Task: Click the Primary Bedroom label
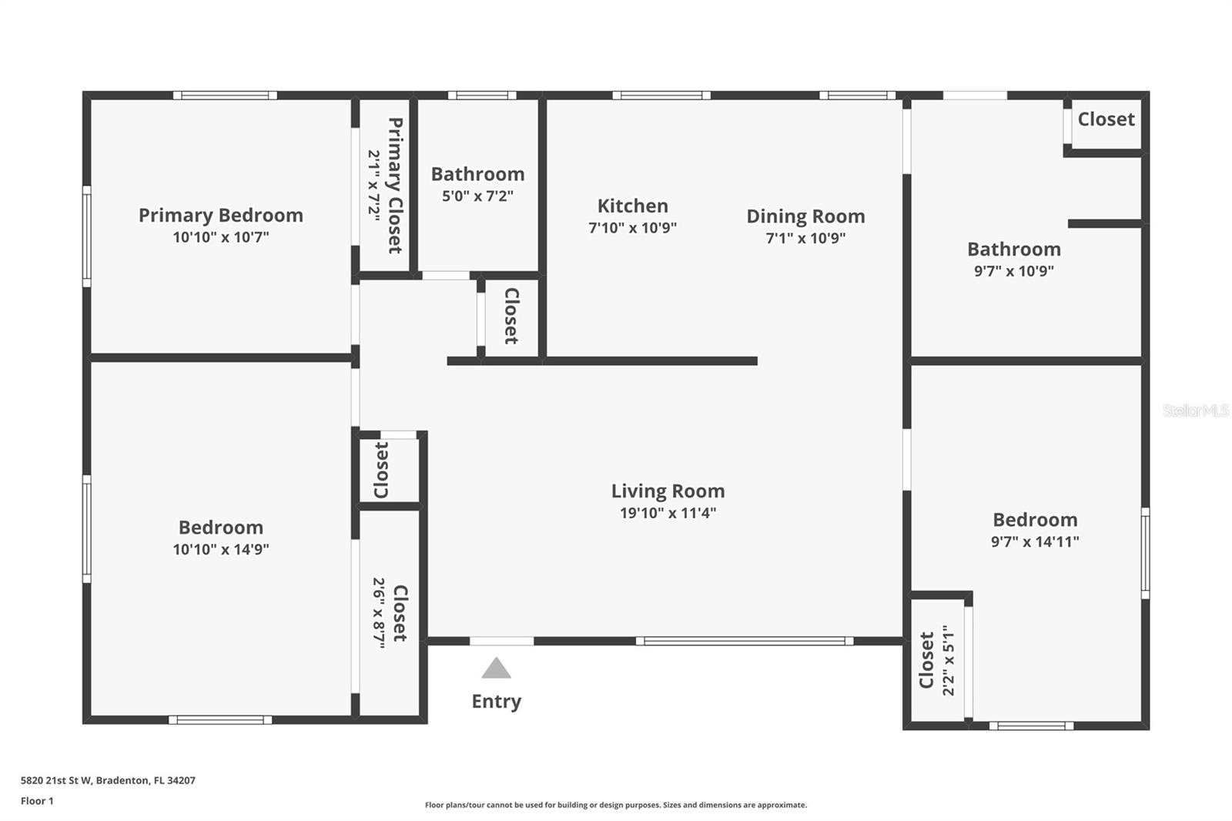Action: [220, 215]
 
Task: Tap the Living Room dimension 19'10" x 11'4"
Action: [668, 513]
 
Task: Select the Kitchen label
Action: [632, 206]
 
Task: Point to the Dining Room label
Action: [805, 216]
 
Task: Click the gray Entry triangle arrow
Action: [496, 669]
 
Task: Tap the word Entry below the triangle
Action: [496, 702]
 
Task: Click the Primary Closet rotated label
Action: [395, 185]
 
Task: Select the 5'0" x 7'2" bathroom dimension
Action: [477, 196]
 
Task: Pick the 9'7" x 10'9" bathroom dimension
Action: [1013, 271]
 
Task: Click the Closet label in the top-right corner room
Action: [1106, 119]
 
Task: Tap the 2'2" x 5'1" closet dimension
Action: [948, 660]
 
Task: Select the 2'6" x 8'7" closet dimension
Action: [380, 613]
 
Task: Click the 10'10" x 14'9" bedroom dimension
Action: [220, 550]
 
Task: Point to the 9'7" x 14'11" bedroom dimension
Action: [1034, 542]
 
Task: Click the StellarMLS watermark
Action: [1195, 410]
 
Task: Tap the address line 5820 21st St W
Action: [108, 780]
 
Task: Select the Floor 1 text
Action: [37, 801]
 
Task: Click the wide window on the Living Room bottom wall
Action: [744, 641]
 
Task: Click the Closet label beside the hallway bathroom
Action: [511, 316]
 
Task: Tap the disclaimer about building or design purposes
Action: [615, 805]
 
